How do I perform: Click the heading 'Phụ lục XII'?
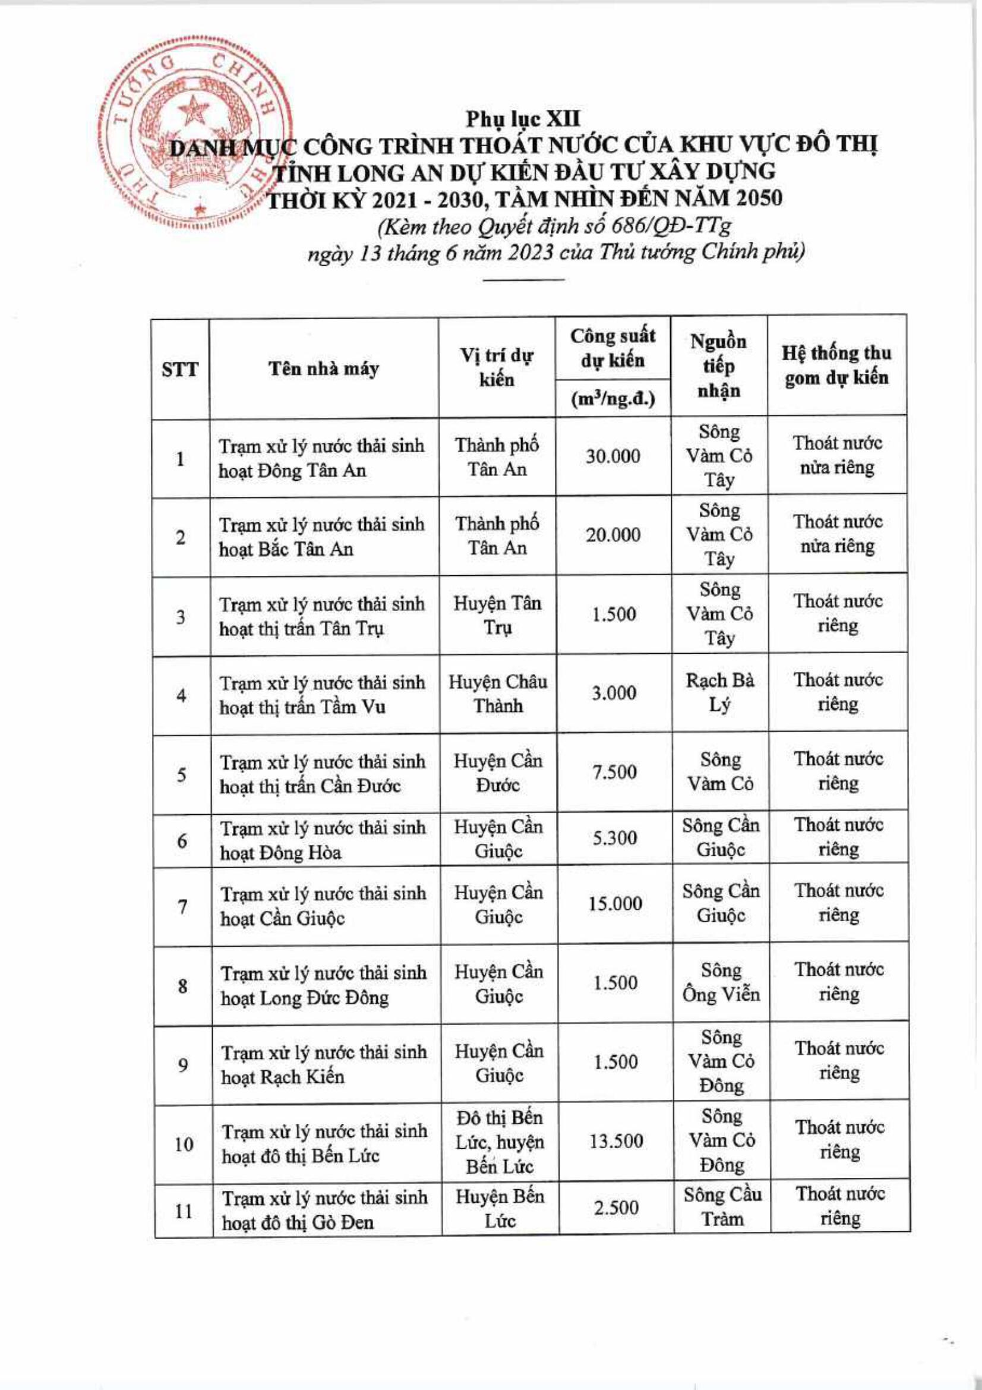pyautogui.click(x=523, y=119)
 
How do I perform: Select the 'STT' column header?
pyautogui.click(x=179, y=368)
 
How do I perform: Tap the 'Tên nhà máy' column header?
pyautogui.click(x=324, y=368)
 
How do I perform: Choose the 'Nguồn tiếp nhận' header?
pyautogui.click(x=718, y=365)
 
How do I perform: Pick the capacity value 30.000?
pyautogui.click(x=612, y=456)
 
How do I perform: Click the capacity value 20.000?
pyautogui.click(x=612, y=535)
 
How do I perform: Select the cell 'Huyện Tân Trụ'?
pyautogui.click(x=497, y=615)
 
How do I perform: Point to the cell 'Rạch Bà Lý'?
pyautogui.click(x=719, y=693)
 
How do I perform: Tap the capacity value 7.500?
pyautogui.click(x=614, y=772)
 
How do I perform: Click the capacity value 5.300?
pyautogui.click(x=614, y=838)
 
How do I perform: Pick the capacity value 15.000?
pyautogui.click(x=614, y=904)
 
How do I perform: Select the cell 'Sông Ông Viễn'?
pyautogui.click(x=721, y=982)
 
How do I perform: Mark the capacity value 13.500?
pyautogui.click(x=615, y=1141)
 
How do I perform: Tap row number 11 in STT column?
pyautogui.click(x=183, y=1210)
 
